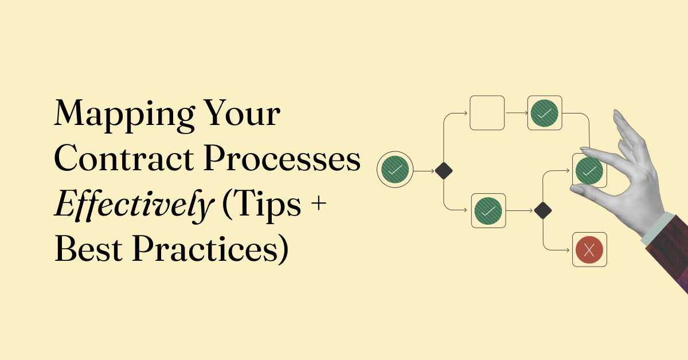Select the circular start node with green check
395,170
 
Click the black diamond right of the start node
444,171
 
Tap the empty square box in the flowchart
487,113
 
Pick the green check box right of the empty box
545,113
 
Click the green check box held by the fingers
589,170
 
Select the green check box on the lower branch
488,211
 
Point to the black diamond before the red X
542,211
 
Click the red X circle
589,249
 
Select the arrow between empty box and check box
516,113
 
